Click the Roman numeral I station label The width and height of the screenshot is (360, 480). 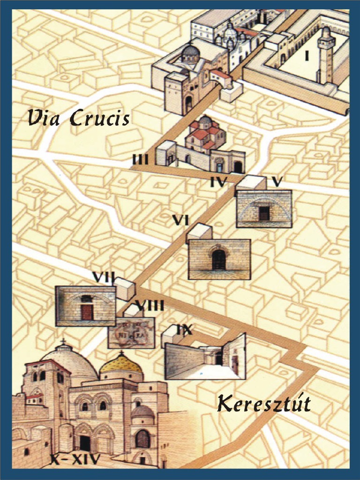307,56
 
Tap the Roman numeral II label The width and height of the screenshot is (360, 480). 262,18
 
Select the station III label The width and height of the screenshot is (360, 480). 140,159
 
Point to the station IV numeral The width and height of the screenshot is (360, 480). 218,181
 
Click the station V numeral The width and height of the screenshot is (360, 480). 277,181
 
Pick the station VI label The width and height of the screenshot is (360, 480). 180,219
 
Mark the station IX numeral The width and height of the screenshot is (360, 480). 184,330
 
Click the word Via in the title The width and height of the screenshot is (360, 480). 46,118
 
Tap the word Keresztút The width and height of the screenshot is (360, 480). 264,404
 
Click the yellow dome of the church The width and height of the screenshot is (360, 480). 121,364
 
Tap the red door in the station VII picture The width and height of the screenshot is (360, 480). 87,312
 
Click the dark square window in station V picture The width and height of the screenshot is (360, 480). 264,213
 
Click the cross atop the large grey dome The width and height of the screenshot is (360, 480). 63,341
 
